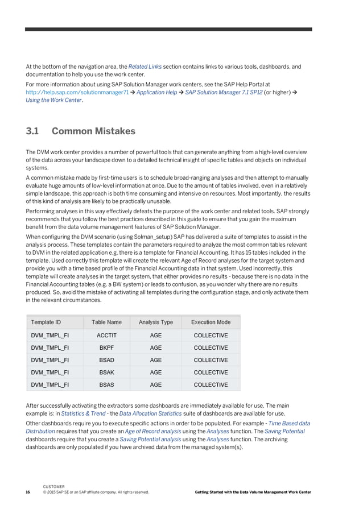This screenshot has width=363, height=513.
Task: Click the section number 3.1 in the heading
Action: (32, 131)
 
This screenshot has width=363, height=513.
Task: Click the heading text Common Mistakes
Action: (93, 131)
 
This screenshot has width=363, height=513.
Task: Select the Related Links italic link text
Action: (145, 67)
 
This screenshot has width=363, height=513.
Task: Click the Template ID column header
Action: (49, 322)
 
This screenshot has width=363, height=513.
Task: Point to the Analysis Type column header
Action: (155, 322)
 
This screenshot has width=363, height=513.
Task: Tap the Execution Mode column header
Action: (211, 322)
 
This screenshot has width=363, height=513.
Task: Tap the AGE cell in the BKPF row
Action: (155, 348)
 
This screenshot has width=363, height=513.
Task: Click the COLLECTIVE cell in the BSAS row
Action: (211, 385)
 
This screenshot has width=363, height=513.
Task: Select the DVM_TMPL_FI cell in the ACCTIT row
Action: (49, 336)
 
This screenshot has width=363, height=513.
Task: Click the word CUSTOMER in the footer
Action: (53, 487)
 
